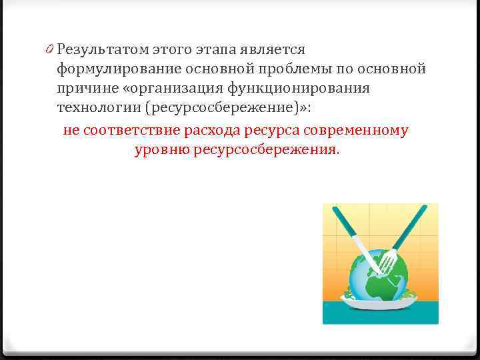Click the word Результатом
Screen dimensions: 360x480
coord(102,49)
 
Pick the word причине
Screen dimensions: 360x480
coord(86,88)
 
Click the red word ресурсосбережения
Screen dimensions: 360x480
coord(266,150)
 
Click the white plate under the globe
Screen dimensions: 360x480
coord(380,302)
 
